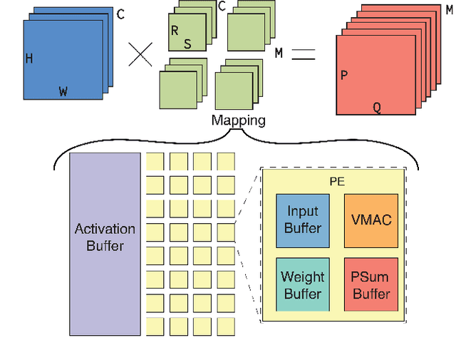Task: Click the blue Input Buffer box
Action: click(303, 220)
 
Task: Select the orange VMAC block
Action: click(371, 220)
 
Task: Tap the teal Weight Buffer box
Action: click(303, 284)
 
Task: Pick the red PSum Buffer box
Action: click(371, 284)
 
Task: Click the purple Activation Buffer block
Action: click(105, 243)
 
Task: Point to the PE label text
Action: click(337, 182)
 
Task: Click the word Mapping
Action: click(238, 120)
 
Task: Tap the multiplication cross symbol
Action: click(142, 54)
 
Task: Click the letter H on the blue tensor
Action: click(29, 59)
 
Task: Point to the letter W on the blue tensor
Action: click(63, 91)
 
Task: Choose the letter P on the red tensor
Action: click(344, 75)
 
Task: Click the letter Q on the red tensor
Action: click(377, 108)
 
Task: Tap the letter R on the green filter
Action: click(175, 31)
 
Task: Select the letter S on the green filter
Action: click(187, 44)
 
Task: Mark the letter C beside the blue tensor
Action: click(120, 14)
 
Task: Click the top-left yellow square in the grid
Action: click(155, 162)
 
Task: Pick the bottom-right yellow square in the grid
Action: click(226, 326)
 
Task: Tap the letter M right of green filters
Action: click(279, 53)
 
